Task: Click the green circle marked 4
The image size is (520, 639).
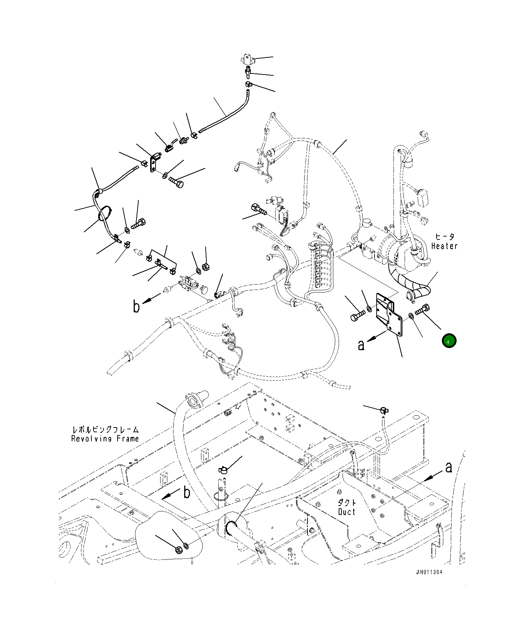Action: coord(449,341)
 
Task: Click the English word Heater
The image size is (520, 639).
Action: coord(444,246)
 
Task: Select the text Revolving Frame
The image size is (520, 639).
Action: coord(105,439)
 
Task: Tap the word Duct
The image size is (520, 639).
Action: coord(347,512)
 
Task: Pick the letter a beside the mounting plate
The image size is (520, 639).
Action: coord(361,345)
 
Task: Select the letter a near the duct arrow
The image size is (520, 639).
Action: coord(448,467)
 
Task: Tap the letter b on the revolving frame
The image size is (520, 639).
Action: coord(187,493)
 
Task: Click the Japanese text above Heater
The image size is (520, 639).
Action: coord(444,237)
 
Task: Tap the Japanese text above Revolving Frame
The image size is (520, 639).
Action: coord(105,429)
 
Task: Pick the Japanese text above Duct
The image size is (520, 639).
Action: coord(347,502)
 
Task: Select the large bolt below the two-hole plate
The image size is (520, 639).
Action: coord(176,182)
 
